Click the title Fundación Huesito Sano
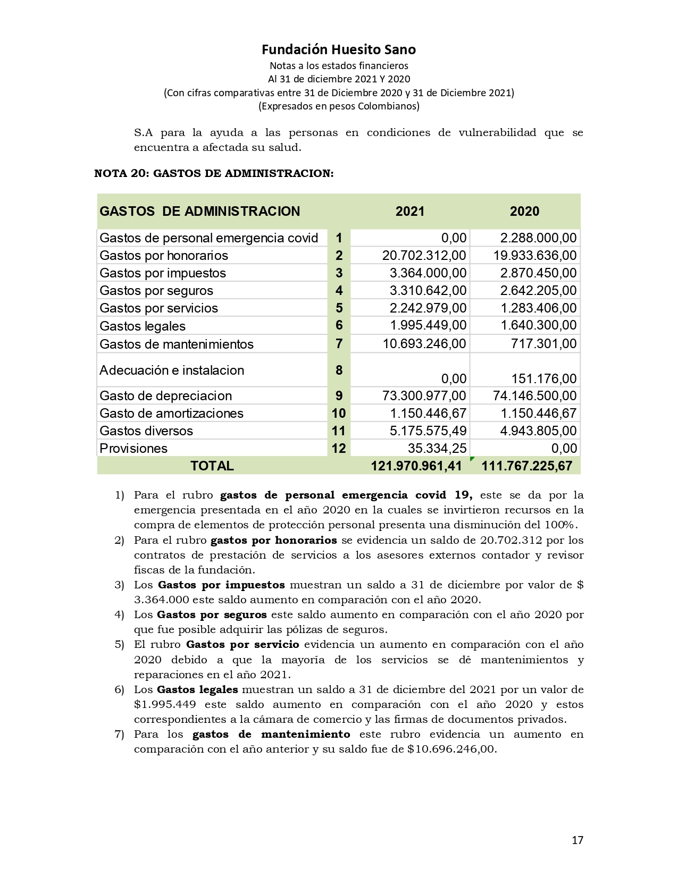(x=339, y=49)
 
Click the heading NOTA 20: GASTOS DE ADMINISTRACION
(x=214, y=174)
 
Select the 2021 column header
(x=410, y=212)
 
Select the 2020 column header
(x=524, y=212)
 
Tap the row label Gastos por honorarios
(x=164, y=256)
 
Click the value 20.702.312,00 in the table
(x=424, y=256)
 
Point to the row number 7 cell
(x=339, y=344)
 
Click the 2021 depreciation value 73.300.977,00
(x=424, y=396)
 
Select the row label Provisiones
(x=133, y=449)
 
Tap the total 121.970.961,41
(x=416, y=466)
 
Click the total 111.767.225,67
(x=526, y=466)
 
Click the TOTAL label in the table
(x=212, y=466)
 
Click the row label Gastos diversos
(x=146, y=431)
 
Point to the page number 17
(x=577, y=840)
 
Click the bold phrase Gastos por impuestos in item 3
(x=221, y=585)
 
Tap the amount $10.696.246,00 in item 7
(x=452, y=749)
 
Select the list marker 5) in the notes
(x=119, y=645)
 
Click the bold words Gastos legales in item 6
(x=197, y=690)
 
